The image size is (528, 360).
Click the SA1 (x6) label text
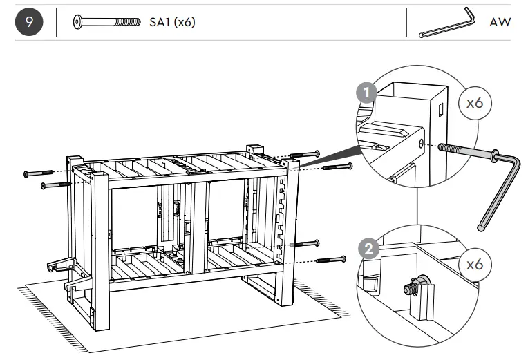172,23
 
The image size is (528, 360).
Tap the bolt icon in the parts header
108,22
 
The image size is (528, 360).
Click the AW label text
500,23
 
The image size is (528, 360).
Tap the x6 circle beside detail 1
475,104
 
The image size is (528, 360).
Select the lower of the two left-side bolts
55,184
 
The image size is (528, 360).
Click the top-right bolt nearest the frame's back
305,153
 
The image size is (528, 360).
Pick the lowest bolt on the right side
331,260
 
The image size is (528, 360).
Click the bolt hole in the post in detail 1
421,144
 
